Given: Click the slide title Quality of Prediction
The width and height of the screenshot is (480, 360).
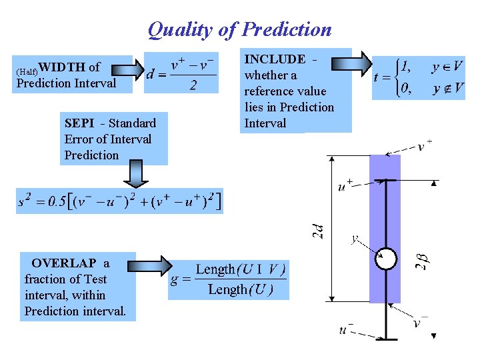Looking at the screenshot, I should coord(239,29).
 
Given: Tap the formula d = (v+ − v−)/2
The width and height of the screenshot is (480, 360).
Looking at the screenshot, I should coord(181,75).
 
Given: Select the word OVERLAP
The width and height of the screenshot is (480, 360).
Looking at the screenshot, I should coord(64,263).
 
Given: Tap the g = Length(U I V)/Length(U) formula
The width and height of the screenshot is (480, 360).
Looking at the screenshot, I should coord(229,279).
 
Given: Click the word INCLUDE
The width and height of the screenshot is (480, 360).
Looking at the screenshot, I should coord(275,59).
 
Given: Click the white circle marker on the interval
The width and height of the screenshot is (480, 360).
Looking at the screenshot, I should coord(385,259).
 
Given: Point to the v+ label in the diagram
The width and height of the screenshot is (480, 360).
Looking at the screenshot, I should coord(424,146).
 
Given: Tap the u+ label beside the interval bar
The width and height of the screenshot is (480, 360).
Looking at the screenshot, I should coord(345,185).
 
